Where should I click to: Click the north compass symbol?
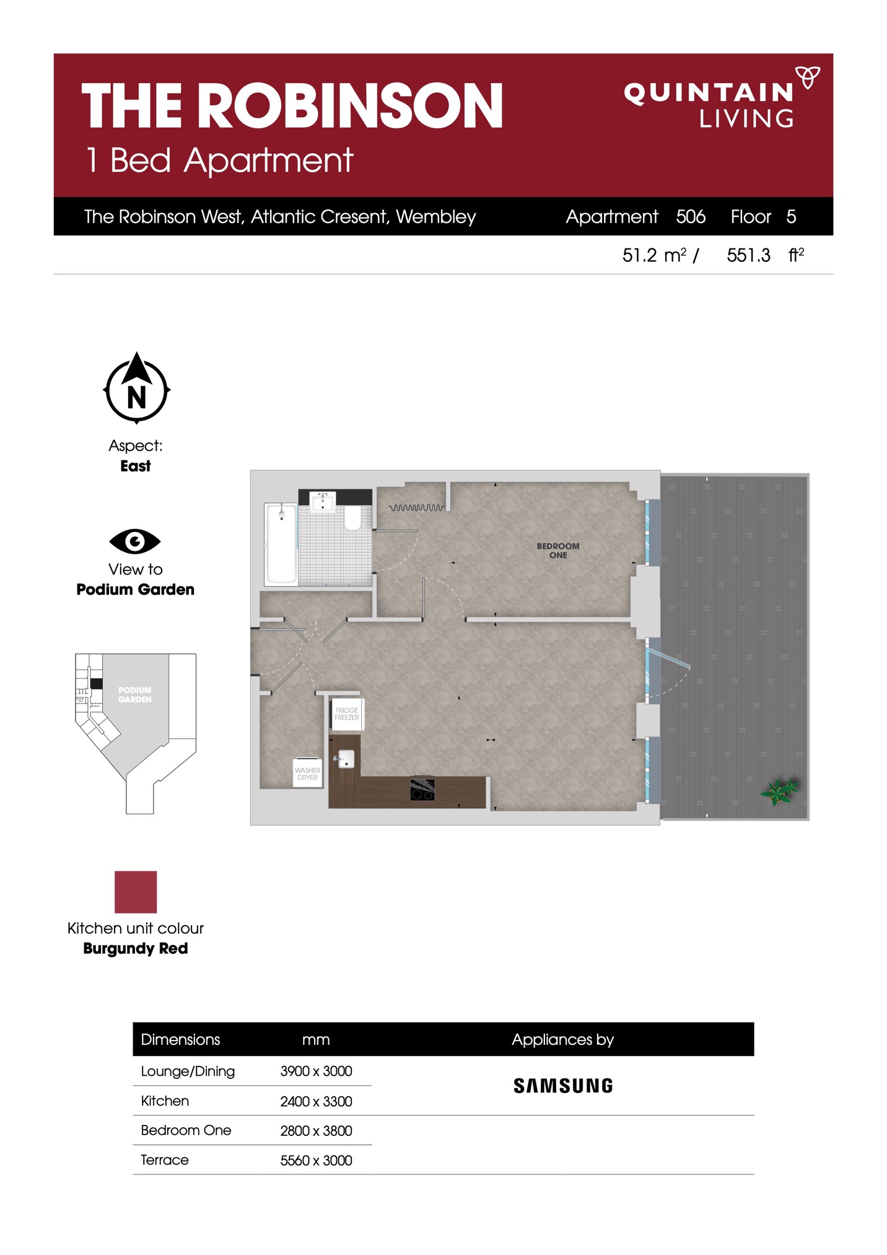(136, 388)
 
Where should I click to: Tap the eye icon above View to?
(135, 541)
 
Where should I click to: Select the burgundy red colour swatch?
(136, 892)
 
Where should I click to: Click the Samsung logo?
(563, 1085)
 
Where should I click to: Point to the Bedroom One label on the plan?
(558, 550)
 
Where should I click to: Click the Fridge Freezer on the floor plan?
(347, 714)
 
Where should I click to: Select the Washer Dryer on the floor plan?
(308, 773)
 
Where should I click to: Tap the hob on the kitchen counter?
(422, 789)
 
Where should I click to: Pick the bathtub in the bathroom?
(281, 544)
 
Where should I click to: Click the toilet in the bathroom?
(352, 518)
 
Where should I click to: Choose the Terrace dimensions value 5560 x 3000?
(316, 1160)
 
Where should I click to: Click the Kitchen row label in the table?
(165, 1101)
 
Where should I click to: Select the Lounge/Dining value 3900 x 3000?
(316, 1071)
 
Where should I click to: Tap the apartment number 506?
(691, 216)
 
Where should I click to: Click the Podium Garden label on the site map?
(135, 695)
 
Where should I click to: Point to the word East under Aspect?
(136, 466)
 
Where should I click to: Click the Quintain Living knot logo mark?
(808, 77)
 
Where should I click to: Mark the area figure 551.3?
(748, 255)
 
